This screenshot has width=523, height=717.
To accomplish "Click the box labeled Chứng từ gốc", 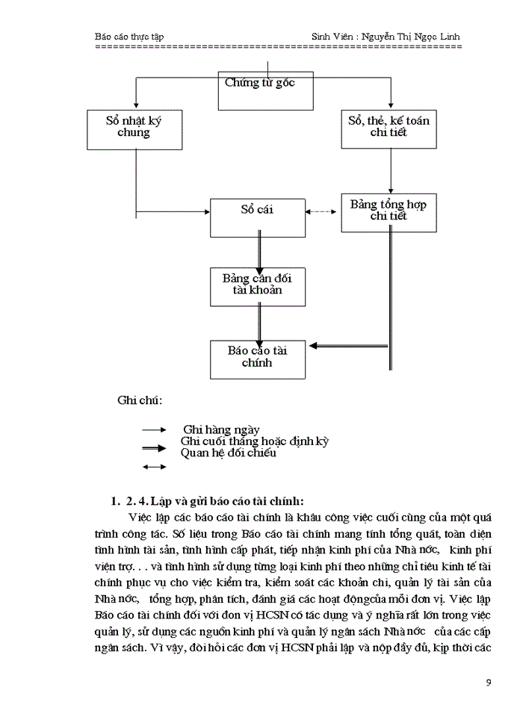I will coord(264,90).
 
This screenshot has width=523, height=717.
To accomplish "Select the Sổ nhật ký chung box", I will coord(134,128).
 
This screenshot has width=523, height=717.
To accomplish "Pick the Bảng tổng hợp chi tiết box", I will coord(389,211).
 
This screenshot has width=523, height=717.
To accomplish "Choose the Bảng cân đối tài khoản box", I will coord(258,285).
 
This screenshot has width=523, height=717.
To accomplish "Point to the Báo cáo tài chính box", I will coord(258,358).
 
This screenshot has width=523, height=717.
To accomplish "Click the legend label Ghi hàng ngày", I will coord(222,429).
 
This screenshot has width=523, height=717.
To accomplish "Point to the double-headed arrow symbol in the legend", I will coord(155,468).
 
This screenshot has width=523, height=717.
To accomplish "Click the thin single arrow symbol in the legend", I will coord(155,430).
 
